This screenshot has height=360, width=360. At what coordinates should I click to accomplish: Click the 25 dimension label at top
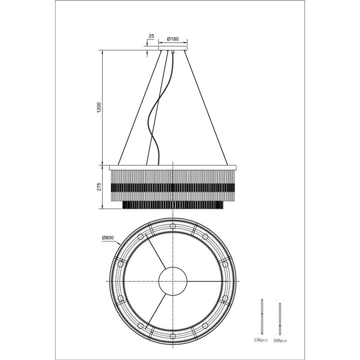[x=151, y=36]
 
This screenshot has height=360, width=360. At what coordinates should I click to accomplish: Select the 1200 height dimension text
[x=99, y=107]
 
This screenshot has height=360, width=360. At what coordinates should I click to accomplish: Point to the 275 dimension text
[x=99, y=187]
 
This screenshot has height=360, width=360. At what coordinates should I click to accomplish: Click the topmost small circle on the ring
[x=173, y=226]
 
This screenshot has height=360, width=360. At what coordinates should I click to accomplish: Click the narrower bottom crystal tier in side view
[x=172, y=205]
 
